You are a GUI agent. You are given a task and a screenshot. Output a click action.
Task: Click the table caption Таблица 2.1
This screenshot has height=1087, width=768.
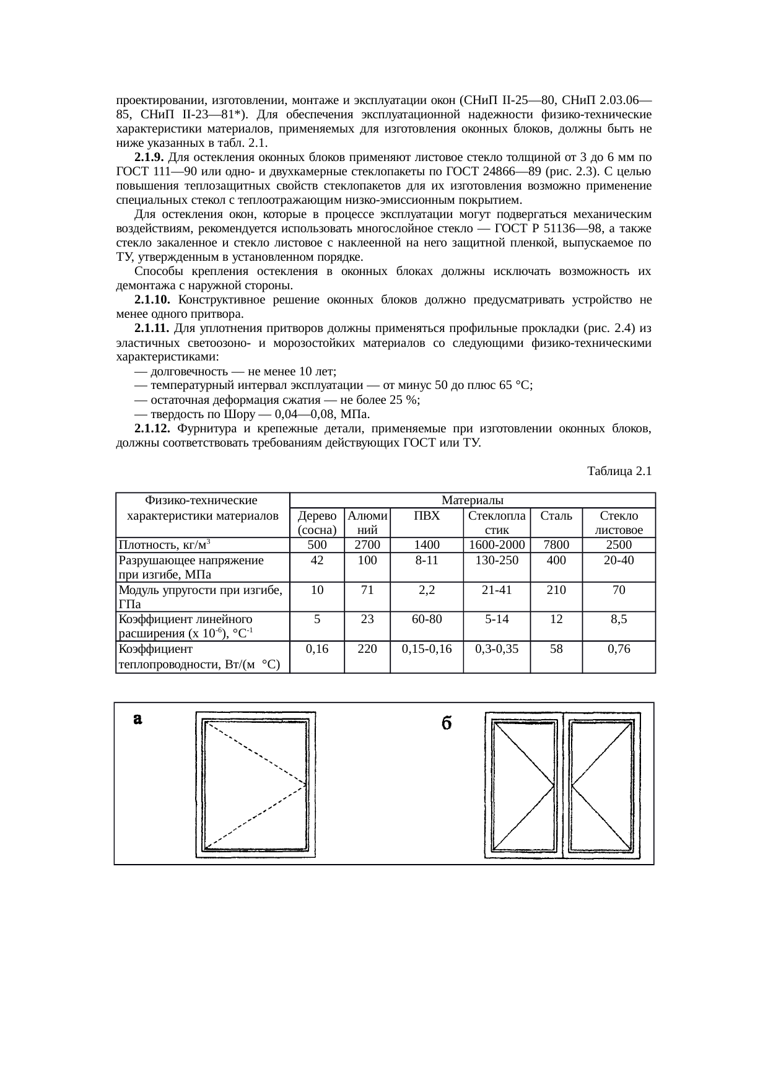(x=619, y=471)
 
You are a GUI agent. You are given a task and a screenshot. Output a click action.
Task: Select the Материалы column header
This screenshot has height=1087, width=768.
(x=472, y=500)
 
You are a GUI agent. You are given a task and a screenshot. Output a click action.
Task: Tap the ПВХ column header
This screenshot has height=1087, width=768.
(x=426, y=515)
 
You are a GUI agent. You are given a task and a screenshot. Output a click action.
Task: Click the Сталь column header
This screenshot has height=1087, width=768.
(x=556, y=515)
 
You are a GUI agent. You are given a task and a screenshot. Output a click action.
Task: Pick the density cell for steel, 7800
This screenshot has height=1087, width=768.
(x=556, y=545)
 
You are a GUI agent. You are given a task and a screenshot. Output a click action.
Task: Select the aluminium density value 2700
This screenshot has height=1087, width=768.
(x=367, y=545)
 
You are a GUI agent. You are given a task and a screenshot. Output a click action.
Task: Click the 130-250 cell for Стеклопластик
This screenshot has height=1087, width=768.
(x=497, y=560)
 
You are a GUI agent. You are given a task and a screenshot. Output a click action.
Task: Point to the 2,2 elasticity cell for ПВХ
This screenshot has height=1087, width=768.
(x=426, y=590)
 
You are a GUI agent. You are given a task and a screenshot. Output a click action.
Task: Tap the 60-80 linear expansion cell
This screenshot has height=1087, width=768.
(x=426, y=619)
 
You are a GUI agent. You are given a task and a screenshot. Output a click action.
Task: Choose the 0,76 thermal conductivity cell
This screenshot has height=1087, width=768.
(x=618, y=648)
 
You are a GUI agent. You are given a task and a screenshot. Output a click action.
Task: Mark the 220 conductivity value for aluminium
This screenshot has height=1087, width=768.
(x=367, y=648)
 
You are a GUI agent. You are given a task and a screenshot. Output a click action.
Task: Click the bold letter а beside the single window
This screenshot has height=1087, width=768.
(x=138, y=719)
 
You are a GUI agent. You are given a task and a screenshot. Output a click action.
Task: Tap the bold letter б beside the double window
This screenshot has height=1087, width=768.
(x=445, y=723)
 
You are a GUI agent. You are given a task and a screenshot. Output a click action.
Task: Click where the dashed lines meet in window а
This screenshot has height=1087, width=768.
(x=307, y=785)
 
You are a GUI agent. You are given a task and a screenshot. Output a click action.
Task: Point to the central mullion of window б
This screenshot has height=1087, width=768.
(x=562, y=785)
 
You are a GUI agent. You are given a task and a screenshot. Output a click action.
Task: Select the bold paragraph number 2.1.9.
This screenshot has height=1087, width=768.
(x=149, y=157)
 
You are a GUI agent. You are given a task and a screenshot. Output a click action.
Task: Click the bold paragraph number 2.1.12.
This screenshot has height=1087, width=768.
(x=152, y=429)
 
